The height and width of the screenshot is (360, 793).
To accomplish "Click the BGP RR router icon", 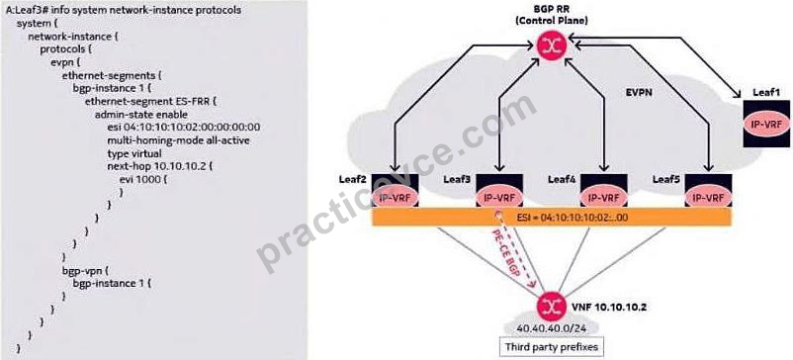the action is [552, 46].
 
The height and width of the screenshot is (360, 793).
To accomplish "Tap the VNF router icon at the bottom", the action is [552, 306].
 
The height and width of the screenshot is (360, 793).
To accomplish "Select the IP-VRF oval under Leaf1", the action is [766, 125].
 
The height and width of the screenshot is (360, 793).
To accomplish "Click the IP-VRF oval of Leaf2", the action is [395, 198].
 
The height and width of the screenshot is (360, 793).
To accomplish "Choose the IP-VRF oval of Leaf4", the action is [603, 198].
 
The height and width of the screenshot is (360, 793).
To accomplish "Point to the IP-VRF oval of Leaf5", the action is [708, 198].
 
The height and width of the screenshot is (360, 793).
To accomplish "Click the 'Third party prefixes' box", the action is [552, 347].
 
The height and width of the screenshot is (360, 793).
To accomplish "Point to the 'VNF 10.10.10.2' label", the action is [610, 307].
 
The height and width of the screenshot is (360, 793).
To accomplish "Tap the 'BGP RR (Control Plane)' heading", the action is [551, 14].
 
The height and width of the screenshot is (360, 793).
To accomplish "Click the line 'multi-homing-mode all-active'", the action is [179, 140].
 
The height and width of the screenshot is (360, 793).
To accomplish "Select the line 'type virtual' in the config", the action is [134, 153].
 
